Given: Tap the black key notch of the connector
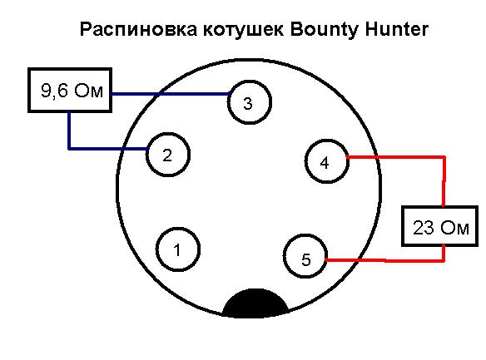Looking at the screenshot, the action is tap(255, 303).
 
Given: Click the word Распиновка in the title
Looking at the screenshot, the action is tap(138, 30).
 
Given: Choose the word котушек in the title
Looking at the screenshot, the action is tap(244, 30).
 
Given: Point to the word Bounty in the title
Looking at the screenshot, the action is tap(325, 30).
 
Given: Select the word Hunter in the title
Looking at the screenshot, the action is tap(397, 29).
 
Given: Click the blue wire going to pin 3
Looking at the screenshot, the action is tap(170, 93).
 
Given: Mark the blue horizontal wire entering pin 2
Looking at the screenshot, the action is tap(107, 149).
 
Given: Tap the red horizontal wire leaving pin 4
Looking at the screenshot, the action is tap(396, 157).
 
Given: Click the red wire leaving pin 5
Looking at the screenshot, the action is tap(385, 260).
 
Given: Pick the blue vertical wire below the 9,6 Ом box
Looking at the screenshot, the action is tap(69, 131).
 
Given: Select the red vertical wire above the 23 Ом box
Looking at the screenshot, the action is tap(444, 181).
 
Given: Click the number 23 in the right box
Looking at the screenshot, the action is tap(423, 228).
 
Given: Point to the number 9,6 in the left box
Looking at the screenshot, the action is tap(54, 91).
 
